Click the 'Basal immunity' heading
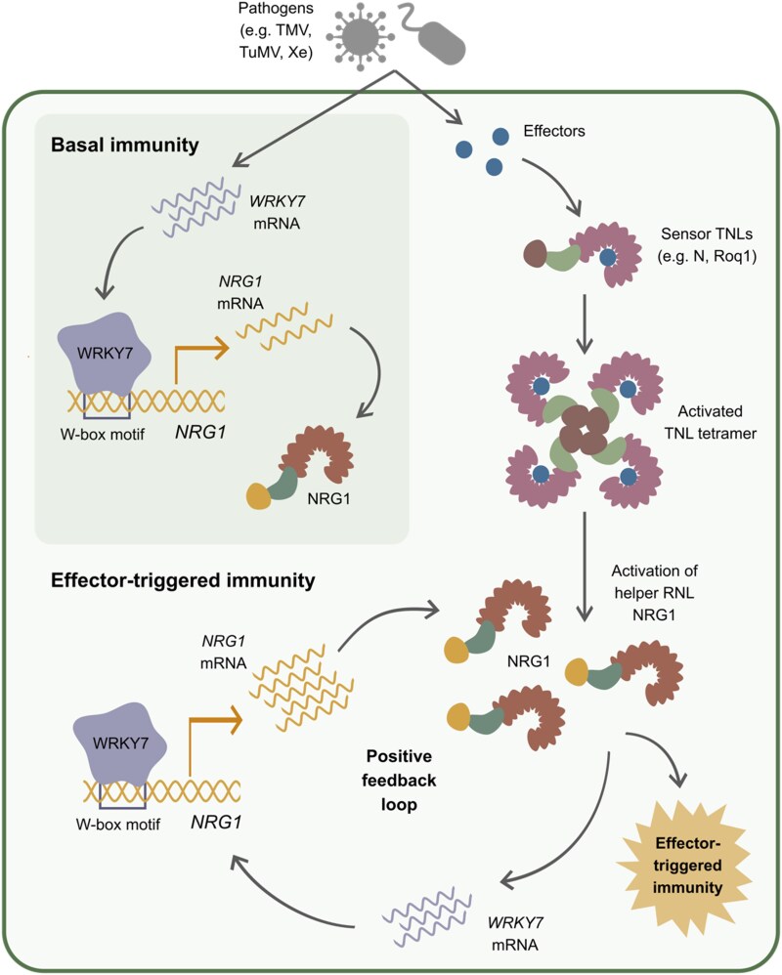125,145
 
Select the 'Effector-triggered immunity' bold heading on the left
183,580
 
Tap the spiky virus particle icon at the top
360,35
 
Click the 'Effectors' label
554,131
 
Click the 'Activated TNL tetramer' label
710,422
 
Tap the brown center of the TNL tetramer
584,430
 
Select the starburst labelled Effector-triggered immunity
685,866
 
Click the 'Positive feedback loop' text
399,781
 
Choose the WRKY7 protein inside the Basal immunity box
105,353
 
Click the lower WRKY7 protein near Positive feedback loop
120,742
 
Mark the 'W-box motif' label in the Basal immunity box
102,434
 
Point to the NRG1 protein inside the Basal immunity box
300,467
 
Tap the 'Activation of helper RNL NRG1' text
655,593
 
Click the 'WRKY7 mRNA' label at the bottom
515,933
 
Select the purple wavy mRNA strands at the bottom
427,916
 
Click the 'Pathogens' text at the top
276,9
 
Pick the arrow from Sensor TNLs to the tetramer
584,323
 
